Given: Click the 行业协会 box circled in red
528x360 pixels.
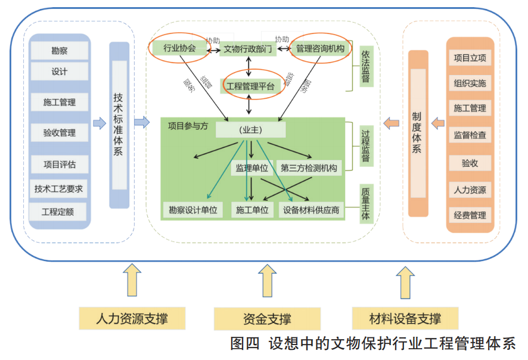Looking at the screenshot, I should (179, 48).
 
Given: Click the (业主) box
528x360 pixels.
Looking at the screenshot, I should (251, 129).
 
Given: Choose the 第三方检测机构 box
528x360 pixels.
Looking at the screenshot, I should (309, 168).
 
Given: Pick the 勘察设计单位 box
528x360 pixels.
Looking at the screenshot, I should (192, 210).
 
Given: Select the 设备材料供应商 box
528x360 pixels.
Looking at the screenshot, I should (311, 210).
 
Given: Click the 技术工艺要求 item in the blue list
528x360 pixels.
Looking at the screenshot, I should (58, 189).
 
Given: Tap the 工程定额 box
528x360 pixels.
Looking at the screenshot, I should (58, 212).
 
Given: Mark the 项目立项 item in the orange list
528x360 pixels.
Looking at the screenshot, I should (470, 58).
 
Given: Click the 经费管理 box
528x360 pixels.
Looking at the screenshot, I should (470, 215).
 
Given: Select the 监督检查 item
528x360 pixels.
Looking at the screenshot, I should (470, 135).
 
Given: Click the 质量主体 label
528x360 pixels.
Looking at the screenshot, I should (365, 204).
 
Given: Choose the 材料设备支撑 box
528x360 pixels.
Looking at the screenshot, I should (405, 318).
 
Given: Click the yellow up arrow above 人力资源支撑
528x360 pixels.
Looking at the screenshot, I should (131, 283).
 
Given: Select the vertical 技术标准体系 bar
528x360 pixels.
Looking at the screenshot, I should (119, 125).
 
